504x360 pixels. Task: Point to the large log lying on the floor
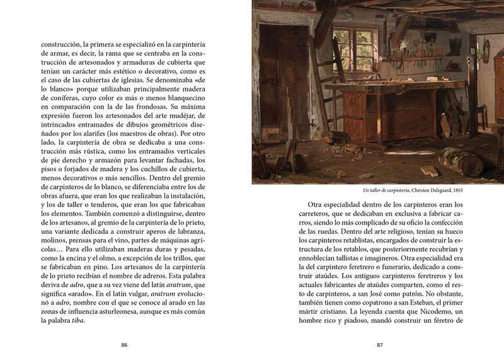461,161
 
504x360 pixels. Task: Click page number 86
124,345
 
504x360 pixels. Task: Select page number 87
380,345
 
